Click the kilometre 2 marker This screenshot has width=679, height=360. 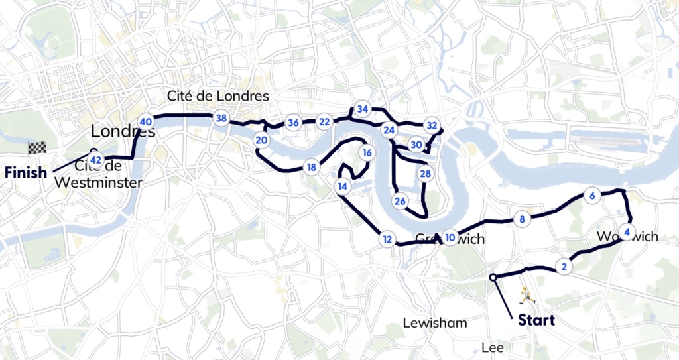pos(564,267)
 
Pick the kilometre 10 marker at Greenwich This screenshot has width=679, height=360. pos(450,237)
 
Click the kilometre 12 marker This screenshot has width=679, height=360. pos(387,239)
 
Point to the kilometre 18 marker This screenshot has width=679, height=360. pos(311,168)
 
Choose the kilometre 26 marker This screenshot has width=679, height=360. pos(400,201)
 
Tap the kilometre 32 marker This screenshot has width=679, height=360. pos(432,125)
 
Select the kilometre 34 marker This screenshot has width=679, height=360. pos(362,109)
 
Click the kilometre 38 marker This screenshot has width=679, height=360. pos(221,119)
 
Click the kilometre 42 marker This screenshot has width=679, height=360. pos(95,160)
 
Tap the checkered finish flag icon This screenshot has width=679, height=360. pos(36,148)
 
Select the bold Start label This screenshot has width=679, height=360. pos(536,320)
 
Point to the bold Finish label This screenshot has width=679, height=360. pos(26,173)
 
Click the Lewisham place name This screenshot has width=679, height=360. pos(435,323)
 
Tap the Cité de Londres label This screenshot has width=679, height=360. pos(218,96)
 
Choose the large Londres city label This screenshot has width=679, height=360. pos(123,130)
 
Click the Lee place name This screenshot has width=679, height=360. pos(493,347)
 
